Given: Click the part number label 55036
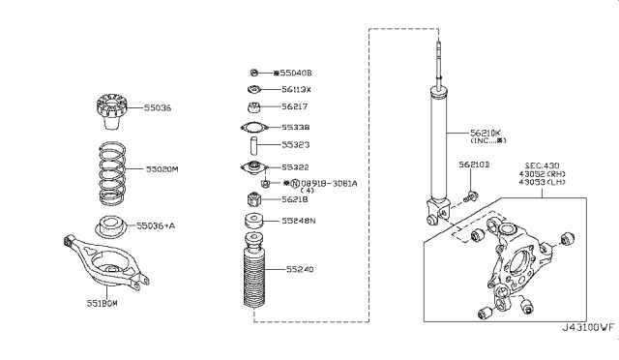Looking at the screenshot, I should [x=160, y=108].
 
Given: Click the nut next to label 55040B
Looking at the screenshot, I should [x=252, y=73].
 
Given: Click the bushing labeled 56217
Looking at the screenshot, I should [x=253, y=107].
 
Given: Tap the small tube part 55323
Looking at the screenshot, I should [x=253, y=146].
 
